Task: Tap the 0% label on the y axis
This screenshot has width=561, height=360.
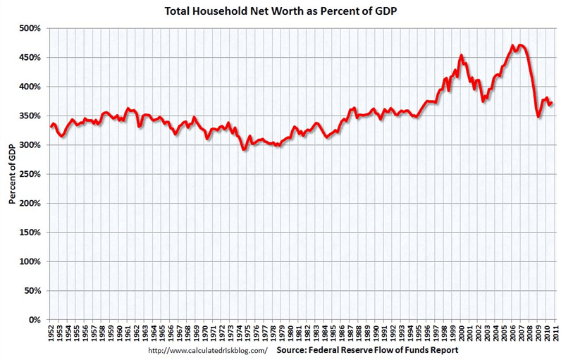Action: [x=34, y=320]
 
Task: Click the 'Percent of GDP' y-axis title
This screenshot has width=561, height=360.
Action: [x=12, y=173]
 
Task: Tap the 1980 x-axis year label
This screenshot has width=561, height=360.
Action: [x=289, y=335]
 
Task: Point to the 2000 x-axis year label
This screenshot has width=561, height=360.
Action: [x=460, y=335]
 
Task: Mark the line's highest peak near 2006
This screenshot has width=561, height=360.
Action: [x=512, y=46]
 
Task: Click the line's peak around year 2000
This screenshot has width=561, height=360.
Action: [x=461, y=55]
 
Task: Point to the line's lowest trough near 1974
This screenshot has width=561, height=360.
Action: [x=244, y=149]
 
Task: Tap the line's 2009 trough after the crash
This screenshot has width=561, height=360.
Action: [x=539, y=116]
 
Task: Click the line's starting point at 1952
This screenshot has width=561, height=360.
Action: [x=50, y=127]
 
